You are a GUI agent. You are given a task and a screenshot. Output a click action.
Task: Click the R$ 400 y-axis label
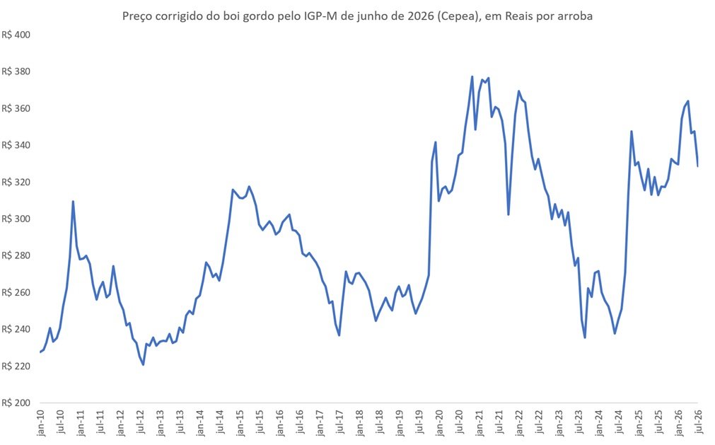pos(16,35)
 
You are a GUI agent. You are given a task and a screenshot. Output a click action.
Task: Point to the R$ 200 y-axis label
pos(16,403)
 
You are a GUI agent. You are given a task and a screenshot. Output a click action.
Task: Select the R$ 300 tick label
pos(16,219)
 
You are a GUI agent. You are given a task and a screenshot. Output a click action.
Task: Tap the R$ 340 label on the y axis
pos(16,145)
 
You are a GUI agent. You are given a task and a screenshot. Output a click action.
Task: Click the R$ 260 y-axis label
pos(16,292)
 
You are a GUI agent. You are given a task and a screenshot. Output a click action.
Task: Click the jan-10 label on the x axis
pos(40,422)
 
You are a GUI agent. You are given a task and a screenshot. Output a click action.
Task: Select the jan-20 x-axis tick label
pos(439,422)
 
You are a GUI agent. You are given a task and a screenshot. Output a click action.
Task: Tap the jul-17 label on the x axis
pos(339,422)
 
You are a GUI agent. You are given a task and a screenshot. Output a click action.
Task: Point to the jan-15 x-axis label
pos(240,422)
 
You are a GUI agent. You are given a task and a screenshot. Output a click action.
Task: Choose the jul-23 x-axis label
pos(579,422)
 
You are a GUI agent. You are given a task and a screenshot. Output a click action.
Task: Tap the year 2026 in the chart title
pos(422,16)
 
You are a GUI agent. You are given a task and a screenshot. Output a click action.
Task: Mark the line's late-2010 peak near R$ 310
pos(73,201)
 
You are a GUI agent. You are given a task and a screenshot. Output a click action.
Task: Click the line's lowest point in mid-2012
pos(143,365)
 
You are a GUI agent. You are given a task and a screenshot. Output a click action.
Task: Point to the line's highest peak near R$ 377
pos(472,76)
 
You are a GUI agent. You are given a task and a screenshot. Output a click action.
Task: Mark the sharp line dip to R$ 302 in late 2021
pos(508,215)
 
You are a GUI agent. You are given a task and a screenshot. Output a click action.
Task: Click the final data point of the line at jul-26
pos(697,166)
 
